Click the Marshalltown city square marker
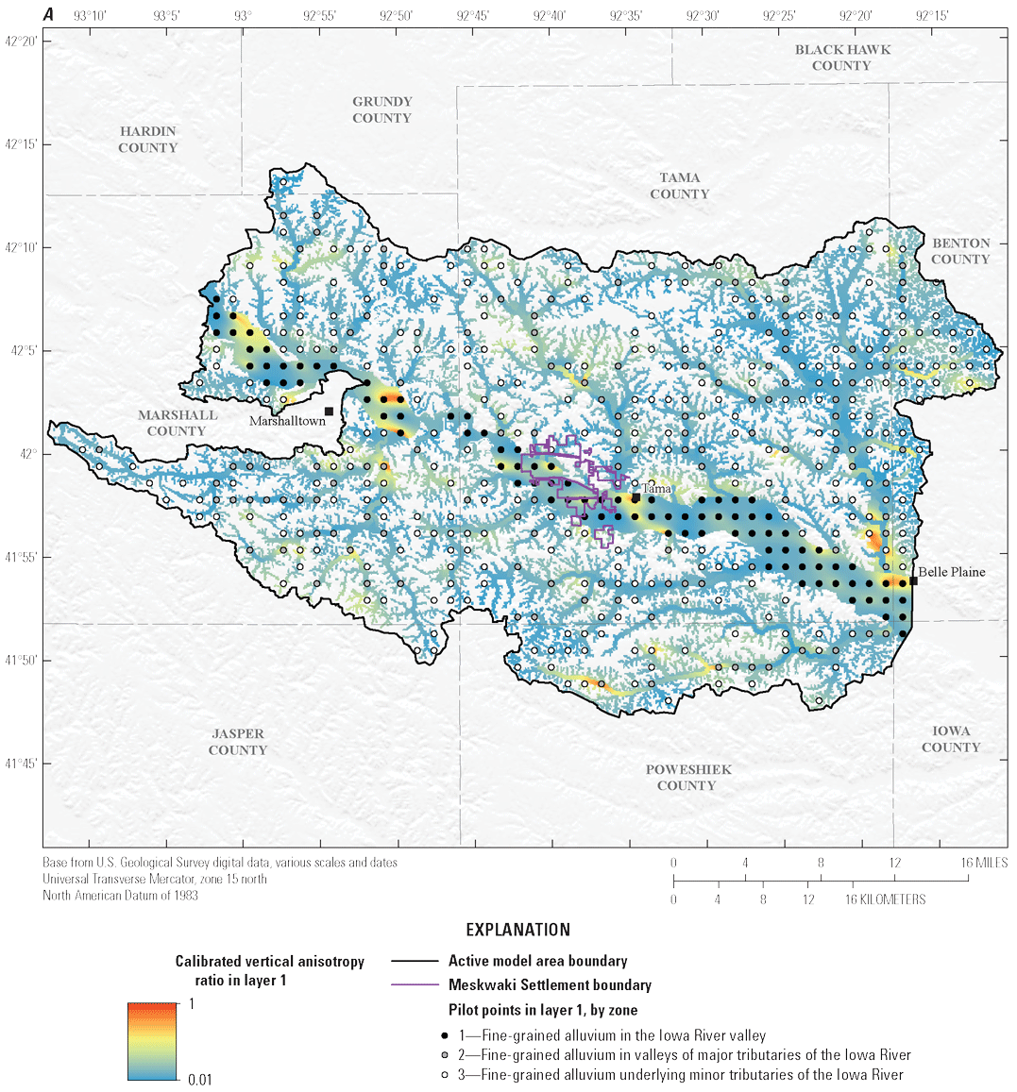click(329, 411)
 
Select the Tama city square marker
click(636, 496)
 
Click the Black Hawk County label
click(841, 58)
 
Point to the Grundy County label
click(381, 109)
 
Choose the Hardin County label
click(147, 140)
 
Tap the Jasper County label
click(238, 742)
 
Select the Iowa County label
click(951, 739)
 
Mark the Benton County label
click(960, 251)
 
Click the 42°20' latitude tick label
click(21, 42)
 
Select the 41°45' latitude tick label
click(21, 764)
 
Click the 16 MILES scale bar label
click(984, 863)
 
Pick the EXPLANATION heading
click(518, 930)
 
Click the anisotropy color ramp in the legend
click(152, 1041)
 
